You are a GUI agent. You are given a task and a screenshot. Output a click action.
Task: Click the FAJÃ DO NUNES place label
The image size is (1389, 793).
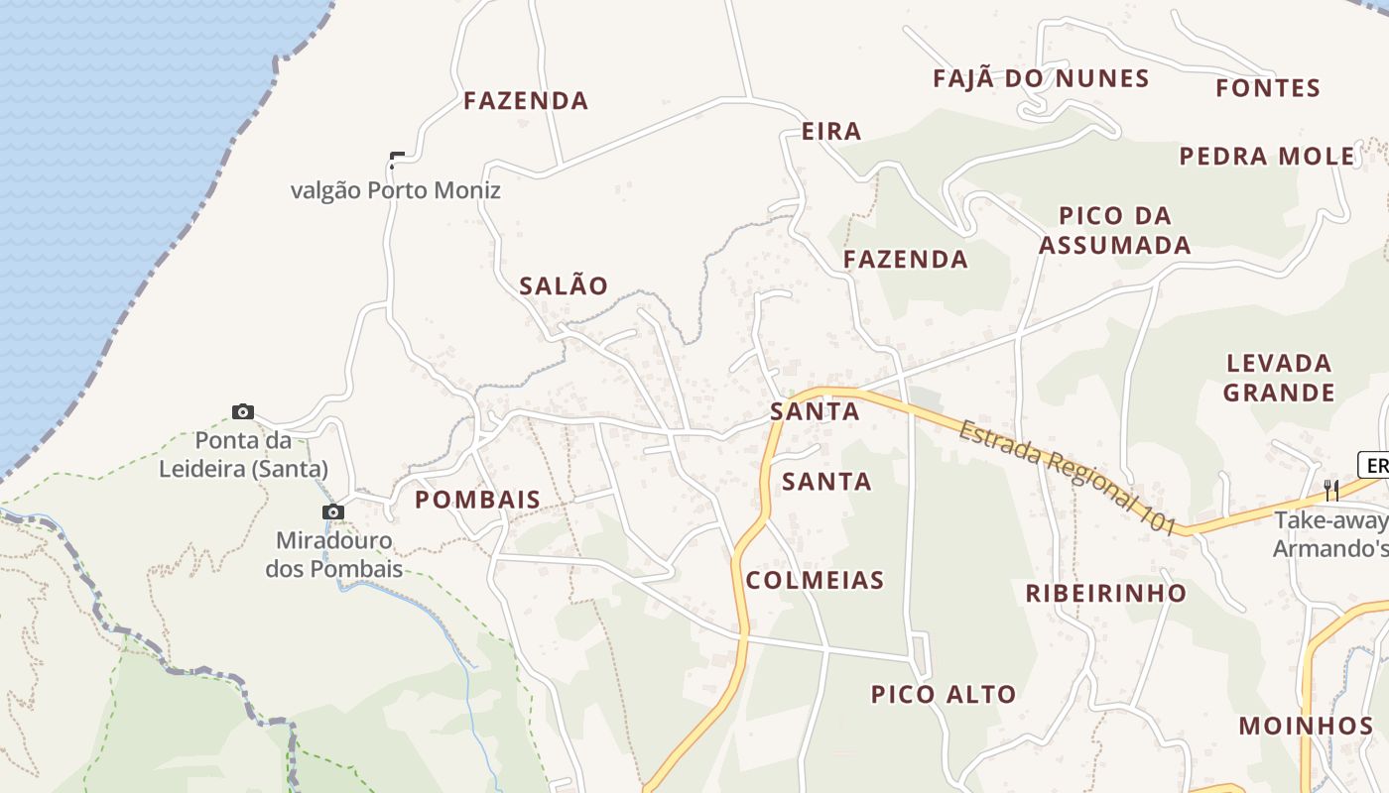click(1041, 79)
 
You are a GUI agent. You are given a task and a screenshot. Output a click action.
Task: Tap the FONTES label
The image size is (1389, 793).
click(1268, 88)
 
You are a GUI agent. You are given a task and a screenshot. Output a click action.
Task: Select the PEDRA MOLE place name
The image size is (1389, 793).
click(1267, 157)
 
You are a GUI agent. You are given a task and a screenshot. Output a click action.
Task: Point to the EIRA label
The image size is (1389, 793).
click(831, 132)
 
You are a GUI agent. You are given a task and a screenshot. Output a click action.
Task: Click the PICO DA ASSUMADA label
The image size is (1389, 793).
click(1115, 230)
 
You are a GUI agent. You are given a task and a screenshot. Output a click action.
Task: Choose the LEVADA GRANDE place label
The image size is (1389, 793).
click(1279, 378)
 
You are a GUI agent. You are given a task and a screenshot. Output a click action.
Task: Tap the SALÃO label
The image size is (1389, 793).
click(564, 286)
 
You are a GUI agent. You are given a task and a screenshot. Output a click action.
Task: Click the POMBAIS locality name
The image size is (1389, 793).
click(477, 501)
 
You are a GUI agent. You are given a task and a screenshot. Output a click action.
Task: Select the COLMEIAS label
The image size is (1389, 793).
click(815, 581)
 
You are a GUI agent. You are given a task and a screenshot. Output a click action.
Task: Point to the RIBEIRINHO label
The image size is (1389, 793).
click(1105, 594)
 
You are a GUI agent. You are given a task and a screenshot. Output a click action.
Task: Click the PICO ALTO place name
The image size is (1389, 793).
click(944, 695)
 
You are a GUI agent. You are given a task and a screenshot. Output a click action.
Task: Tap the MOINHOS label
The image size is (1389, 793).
click(1306, 726)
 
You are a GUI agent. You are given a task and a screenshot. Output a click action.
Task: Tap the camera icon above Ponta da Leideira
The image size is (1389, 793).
click(243, 411)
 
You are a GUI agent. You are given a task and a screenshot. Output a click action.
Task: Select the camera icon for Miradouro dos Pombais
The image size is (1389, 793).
click(333, 511)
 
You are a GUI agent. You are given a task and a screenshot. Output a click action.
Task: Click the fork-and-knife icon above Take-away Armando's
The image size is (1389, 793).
click(1331, 490)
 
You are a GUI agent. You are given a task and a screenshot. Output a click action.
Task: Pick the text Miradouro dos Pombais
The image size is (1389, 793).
click(334, 555)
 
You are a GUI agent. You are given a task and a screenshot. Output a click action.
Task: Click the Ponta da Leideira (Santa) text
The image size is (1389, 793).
click(243, 454)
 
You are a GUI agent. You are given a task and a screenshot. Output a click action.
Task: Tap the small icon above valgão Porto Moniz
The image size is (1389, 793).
click(397, 159)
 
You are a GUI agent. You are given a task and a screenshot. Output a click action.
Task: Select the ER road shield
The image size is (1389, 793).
click(1375, 465)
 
